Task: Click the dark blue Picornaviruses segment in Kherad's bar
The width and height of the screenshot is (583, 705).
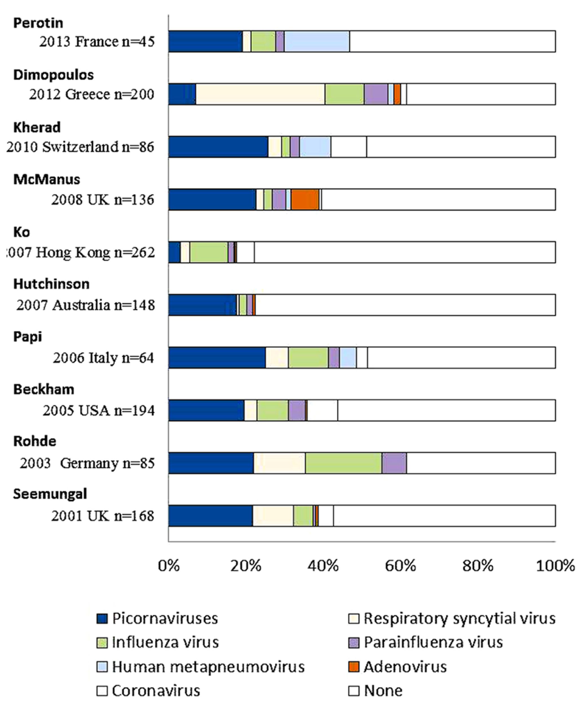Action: (x=218, y=147)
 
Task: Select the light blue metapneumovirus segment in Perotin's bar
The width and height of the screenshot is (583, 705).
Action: (x=317, y=41)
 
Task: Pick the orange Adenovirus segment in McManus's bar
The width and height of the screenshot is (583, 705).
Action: (x=305, y=199)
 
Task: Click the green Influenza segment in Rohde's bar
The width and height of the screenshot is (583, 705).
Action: (x=343, y=463)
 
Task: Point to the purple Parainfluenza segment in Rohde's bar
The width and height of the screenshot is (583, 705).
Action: (x=394, y=463)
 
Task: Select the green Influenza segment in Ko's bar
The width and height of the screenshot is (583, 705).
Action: (x=209, y=252)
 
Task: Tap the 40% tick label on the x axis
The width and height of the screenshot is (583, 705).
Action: (x=324, y=566)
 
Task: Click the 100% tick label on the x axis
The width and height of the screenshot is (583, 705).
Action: (x=555, y=566)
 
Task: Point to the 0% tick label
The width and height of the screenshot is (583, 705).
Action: (x=169, y=566)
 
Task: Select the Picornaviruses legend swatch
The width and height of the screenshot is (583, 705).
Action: (x=102, y=619)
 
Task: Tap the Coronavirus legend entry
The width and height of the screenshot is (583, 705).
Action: (x=156, y=691)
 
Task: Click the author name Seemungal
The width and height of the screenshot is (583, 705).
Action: (x=50, y=494)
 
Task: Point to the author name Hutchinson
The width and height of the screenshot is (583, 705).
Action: (x=51, y=284)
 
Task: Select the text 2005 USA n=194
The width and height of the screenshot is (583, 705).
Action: (x=99, y=411)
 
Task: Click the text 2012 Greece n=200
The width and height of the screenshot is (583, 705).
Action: (x=92, y=94)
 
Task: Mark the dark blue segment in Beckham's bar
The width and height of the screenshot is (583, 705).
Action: (x=206, y=410)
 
